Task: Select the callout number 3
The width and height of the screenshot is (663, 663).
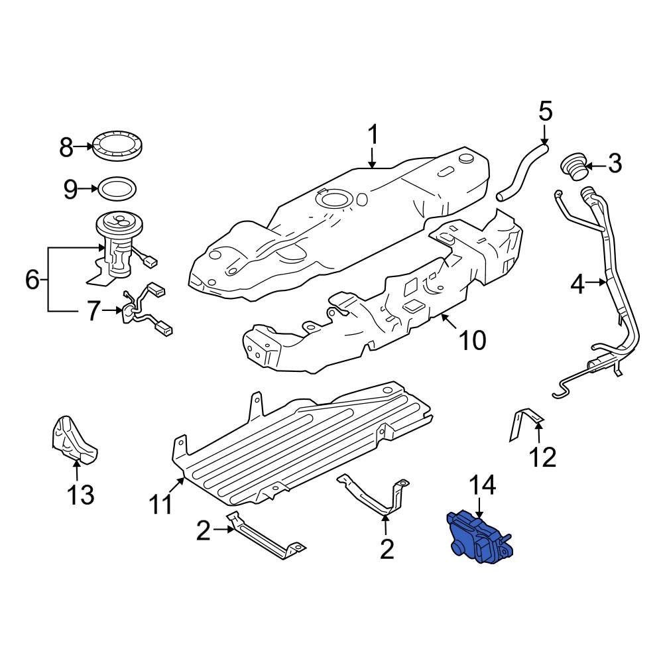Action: [615, 163]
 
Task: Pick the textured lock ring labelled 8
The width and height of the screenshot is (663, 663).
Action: [119, 147]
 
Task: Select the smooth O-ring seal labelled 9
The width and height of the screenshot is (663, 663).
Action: [119, 189]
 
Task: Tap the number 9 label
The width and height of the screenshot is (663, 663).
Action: [71, 190]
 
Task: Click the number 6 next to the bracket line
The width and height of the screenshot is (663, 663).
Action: [32, 280]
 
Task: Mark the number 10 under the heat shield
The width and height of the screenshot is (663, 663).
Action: [473, 340]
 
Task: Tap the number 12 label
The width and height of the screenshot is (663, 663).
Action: [544, 457]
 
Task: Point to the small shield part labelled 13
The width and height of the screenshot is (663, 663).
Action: [73, 438]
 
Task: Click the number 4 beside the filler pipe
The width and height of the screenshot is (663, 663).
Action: [578, 284]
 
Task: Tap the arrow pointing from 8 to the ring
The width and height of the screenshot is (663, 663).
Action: [83, 147]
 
